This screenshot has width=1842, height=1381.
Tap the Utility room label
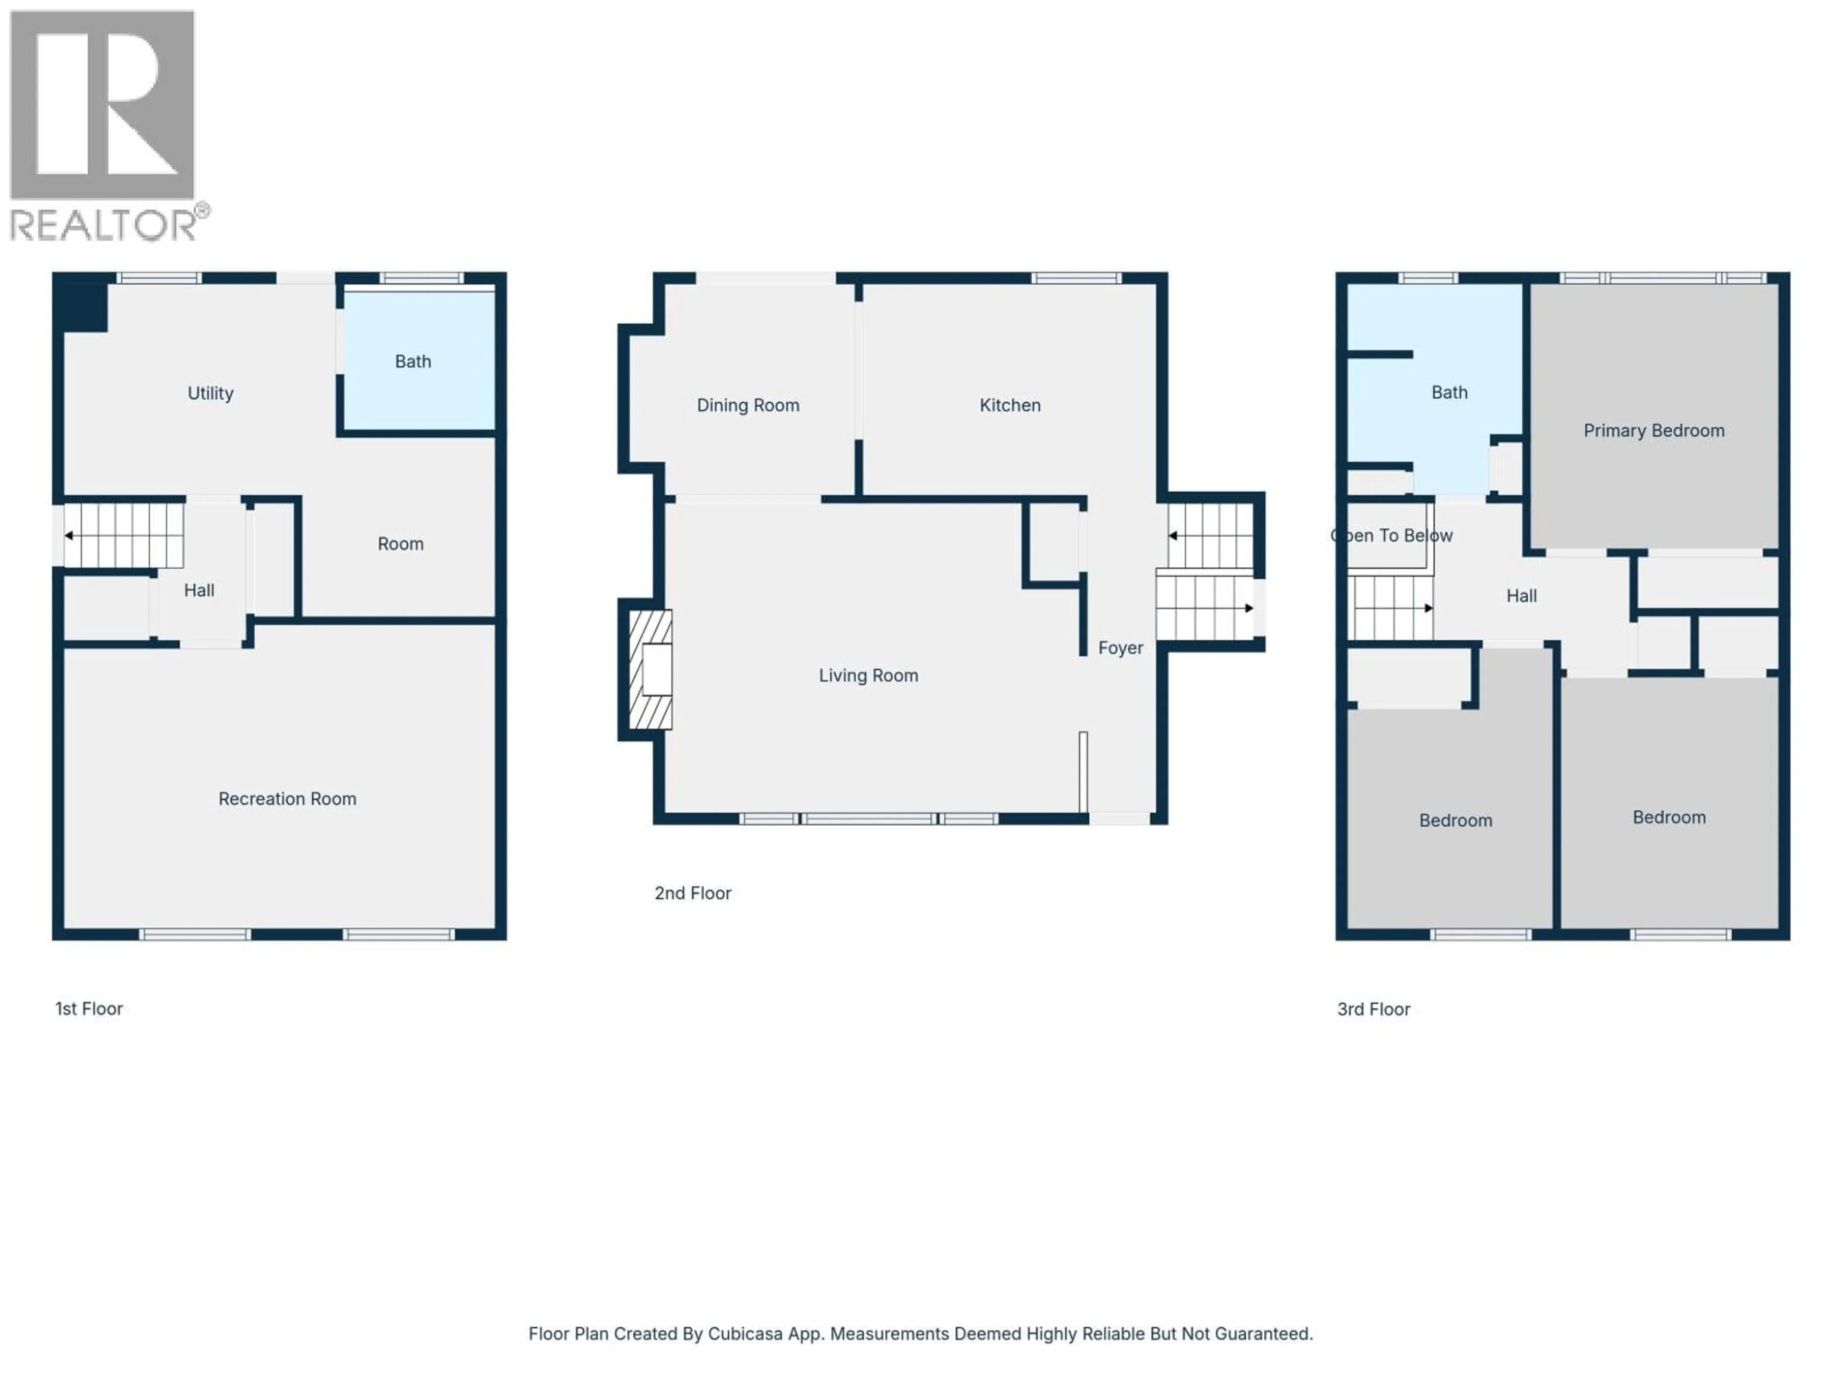210,393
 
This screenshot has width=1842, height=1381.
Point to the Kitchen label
1009,405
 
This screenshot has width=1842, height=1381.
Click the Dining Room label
748,405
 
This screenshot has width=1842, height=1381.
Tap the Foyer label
1120,648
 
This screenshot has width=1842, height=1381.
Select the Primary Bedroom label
1653,431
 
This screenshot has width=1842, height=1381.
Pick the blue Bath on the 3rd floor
1449,392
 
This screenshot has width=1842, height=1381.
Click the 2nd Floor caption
692,893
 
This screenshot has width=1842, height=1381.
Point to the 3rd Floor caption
1373,1009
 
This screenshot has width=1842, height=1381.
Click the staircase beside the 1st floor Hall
125,535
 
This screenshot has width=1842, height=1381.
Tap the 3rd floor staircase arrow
1427,608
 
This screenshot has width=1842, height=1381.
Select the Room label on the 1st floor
401,544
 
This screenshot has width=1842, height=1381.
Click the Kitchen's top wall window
1076,278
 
